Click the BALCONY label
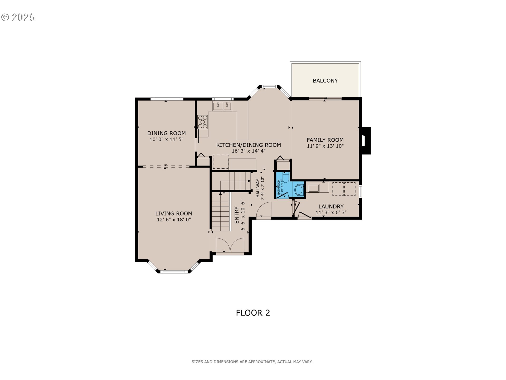(325, 81)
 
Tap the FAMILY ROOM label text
(325, 140)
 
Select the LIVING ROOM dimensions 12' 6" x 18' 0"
(174, 220)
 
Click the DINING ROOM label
(166, 133)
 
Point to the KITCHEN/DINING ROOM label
(248, 145)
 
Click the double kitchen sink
(222, 106)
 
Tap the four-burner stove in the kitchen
(203, 122)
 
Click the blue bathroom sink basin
(299, 190)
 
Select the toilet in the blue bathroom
(285, 177)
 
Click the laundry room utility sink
(314, 188)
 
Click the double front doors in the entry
(230, 246)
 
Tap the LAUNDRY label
(331, 206)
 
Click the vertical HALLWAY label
(258, 188)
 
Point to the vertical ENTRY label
(237, 215)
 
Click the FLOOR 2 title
(253, 313)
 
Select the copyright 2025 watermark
(18, 17)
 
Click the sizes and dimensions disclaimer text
(252, 362)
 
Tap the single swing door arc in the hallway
(264, 210)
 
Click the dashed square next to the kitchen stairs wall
(220, 162)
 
